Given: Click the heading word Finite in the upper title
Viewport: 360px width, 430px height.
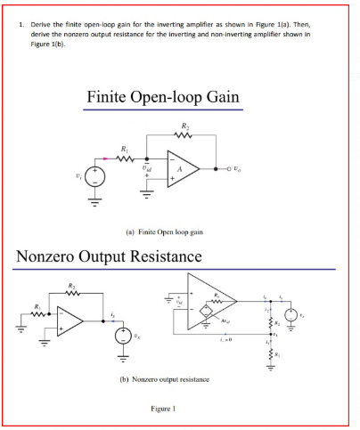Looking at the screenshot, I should pyautogui.click(x=109, y=96).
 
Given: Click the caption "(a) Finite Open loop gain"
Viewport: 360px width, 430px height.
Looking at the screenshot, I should pyautogui.click(x=178, y=231).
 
